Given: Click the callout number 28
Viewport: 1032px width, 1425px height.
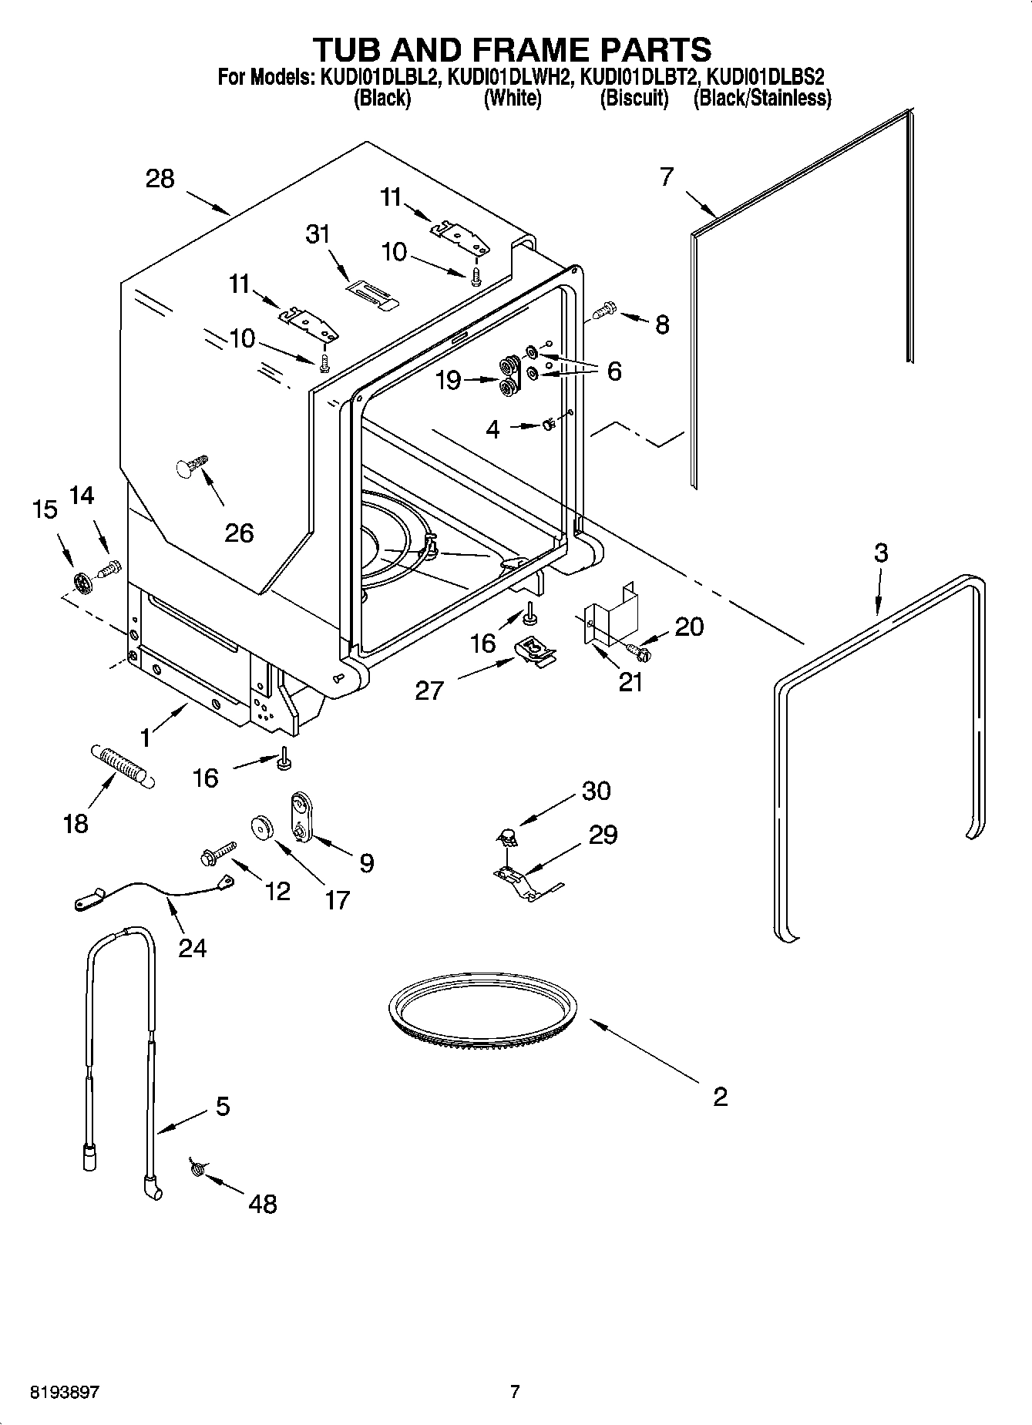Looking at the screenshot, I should point(160,179).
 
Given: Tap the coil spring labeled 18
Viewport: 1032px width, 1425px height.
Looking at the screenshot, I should point(123,765).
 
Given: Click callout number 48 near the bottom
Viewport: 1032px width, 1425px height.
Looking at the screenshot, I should point(263,1203).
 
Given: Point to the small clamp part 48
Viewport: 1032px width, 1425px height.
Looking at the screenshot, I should point(196,1170).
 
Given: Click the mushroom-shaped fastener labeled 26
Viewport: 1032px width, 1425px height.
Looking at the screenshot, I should point(191,465).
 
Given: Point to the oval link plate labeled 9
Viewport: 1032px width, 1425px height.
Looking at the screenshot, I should point(299,818).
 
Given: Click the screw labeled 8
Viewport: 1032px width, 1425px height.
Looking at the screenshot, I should point(605,311).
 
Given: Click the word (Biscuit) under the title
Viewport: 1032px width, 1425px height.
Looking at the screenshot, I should point(634,98).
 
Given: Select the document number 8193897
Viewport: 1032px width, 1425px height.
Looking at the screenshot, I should point(65,1391).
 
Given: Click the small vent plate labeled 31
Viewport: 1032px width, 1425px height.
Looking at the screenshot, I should point(370,293).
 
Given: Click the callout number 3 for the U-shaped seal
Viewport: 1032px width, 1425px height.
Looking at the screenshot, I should point(880,553).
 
